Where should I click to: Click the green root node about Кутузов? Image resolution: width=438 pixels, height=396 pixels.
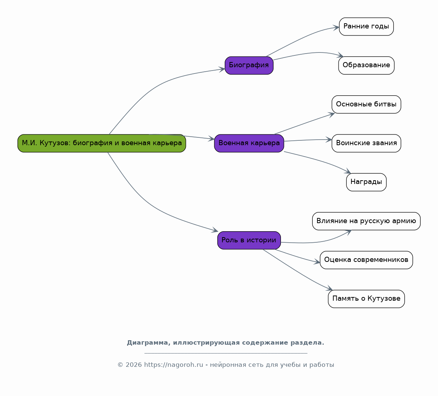102,143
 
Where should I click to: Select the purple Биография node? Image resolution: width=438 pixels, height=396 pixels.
249,65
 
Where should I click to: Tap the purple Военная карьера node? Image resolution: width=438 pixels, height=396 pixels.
249,143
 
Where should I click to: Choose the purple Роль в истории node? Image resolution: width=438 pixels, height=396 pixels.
249,240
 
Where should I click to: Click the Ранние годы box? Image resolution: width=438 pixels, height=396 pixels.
366,27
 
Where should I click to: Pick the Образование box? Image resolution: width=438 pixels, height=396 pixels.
366,65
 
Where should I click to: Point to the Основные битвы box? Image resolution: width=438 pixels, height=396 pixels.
366,105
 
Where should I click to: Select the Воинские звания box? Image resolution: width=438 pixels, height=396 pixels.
366,143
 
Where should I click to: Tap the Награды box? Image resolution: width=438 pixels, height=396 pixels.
366,182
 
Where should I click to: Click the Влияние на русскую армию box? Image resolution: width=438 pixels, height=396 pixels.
366,221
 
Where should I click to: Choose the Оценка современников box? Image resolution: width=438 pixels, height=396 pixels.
366,260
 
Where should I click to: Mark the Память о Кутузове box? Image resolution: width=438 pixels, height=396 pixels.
366,299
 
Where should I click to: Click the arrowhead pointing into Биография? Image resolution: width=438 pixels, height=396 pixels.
222,69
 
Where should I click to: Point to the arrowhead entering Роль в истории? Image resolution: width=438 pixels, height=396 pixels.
215,230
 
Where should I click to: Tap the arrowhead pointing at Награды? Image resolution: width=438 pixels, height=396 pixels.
347,171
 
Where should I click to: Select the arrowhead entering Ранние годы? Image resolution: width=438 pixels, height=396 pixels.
336,27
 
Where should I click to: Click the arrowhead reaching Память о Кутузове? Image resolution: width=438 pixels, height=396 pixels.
329,288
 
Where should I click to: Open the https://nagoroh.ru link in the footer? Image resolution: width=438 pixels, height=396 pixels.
173,365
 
